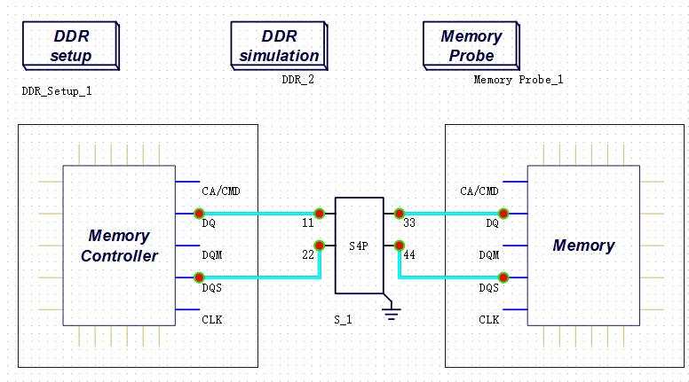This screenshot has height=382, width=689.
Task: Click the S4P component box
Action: (x=359, y=245)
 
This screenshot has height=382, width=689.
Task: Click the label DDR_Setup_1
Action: (x=57, y=90)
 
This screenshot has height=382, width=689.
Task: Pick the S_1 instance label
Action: (x=344, y=319)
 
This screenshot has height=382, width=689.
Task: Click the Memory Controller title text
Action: (x=119, y=246)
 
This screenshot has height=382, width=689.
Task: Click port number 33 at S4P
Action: (x=409, y=223)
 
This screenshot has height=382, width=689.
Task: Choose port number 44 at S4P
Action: (x=409, y=255)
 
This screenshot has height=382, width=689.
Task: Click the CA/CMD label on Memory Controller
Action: (x=221, y=191)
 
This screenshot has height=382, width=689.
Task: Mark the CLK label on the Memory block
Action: (x=488, y=319)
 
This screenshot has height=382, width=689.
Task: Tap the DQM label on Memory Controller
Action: (x=212, y=255)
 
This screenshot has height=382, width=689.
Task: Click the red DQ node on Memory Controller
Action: (x=199, y=213)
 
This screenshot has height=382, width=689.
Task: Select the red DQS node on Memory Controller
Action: (x=199, y=277)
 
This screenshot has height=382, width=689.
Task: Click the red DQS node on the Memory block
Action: (x=503, y=277)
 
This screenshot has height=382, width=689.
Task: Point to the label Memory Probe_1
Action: (x=519, y=80)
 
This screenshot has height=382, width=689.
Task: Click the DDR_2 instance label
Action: (x=298, y=80)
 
